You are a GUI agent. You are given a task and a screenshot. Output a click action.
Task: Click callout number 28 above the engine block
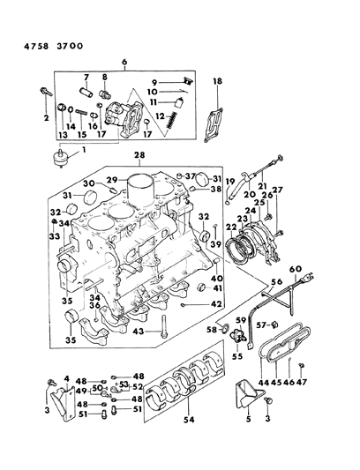pos(163,157)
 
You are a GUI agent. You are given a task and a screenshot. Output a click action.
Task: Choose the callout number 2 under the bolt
pos(48,118)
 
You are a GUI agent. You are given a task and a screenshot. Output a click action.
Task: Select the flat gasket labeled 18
pos(211,121)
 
